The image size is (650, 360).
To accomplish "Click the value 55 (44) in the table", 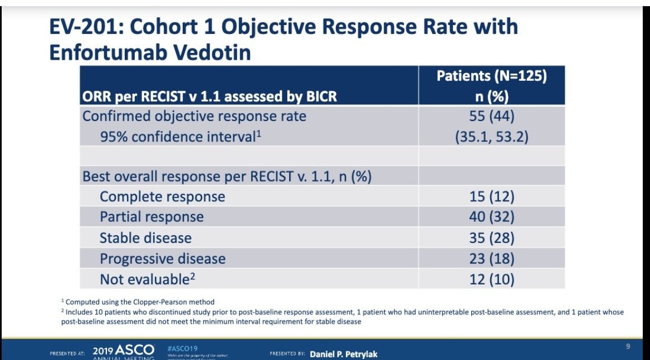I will click(x=491, y=116).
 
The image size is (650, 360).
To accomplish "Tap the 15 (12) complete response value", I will click(x=491, y=197).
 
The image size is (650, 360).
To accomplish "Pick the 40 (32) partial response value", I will click(x=491, y=217).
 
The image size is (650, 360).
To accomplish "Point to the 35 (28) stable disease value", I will click(x=491, y=238).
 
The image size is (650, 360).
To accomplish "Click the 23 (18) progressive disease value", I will click(x=491, y=259).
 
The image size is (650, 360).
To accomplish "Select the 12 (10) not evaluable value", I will click(x=491, y=279).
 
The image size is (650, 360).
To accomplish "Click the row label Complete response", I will click(x=162, y=197).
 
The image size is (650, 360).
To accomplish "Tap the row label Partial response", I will click(x=151, y=217).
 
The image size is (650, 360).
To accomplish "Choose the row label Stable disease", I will click(x=145, y=238).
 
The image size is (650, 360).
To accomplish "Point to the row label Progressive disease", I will click(x=162, y=259).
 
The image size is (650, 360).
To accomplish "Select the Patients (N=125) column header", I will click(x=491, y=76).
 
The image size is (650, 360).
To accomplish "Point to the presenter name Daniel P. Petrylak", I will click(x=343, y=354).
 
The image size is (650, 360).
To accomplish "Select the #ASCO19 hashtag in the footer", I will click(x=182, y=348).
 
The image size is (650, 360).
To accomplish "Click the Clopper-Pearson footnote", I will click(x=139, y=302).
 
